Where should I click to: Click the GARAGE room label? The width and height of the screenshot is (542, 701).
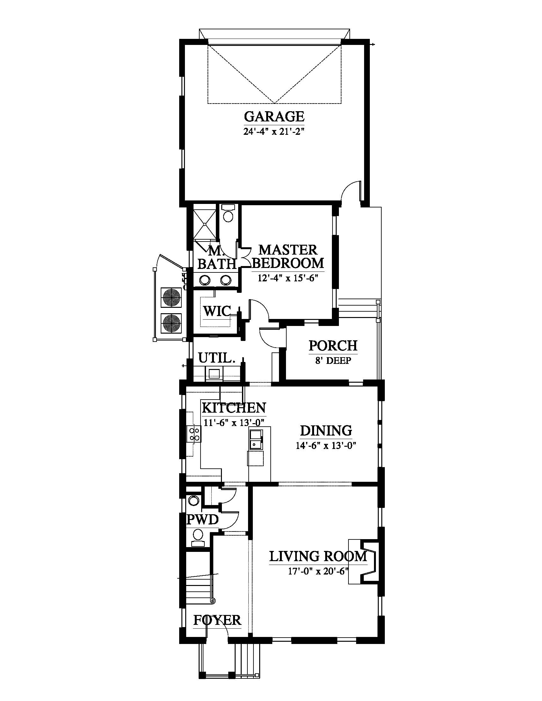(274, 116)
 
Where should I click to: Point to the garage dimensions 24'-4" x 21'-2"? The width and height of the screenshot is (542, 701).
(274, 132)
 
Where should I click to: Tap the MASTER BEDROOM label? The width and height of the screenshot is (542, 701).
(288, 257)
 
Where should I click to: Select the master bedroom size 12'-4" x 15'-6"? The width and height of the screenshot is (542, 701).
(288, 278)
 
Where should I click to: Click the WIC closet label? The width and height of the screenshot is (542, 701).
(217, 311)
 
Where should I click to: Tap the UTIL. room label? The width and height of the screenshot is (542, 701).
(216, 358)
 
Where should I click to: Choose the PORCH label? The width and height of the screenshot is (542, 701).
(333, 346)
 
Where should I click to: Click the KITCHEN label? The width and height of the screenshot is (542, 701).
(234, 408)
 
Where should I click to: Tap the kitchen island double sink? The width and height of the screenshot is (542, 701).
(256, 440)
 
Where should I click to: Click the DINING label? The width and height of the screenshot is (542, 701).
(326, 431)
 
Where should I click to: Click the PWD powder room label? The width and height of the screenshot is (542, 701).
(202, 520)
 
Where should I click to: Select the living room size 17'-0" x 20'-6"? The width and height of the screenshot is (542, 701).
(318, 572)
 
